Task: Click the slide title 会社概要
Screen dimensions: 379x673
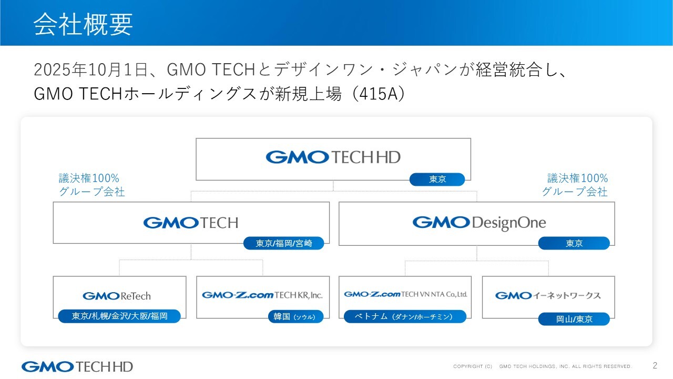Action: tap(83, 24)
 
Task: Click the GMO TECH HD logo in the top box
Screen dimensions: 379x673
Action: tap(333, 157)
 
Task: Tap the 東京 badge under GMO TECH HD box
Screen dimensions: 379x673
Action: tap(437, 179)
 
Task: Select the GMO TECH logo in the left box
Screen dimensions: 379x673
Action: tap(190, 223)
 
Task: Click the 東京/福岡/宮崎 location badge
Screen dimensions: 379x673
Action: tap(283, 243)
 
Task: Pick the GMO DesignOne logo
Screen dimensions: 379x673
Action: tap(479, 223)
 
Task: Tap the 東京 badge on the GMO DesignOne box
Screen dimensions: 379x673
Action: tap(574, 243)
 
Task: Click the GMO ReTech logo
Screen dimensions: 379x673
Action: tap(117, 296)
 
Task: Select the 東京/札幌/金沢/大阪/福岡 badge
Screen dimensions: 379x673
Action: tap(119, 316)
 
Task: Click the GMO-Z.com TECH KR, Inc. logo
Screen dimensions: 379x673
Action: tap(262, 295)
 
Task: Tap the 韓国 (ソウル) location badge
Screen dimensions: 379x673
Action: tap(295, 317)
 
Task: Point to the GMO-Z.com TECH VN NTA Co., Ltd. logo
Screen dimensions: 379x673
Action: tap(405, 294)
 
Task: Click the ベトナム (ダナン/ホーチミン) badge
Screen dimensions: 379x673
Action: tap(405, 316)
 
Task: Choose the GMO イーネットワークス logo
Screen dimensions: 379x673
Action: tap(548, 295)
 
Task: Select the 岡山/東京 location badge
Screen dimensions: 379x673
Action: tap(574, 319)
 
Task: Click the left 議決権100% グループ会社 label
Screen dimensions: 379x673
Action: tap(91, 185)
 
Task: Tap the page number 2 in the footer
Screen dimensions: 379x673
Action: tap(655, 365)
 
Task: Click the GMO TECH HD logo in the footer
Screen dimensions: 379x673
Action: tap(77, 366)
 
